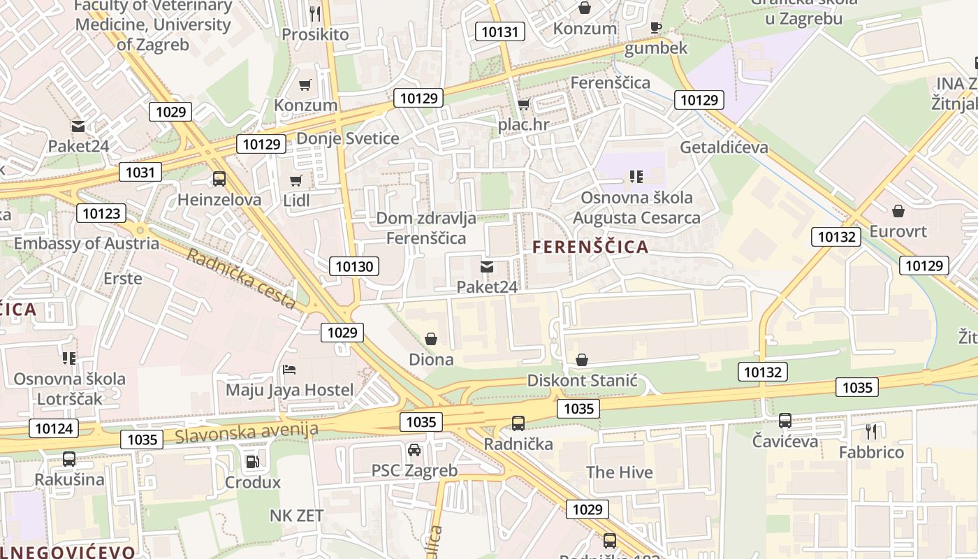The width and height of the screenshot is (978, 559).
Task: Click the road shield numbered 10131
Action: [x=500, y=31]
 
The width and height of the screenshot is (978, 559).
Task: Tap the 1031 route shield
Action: [x=140, y=172]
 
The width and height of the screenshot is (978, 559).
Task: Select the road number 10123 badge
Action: [x=101, y=214]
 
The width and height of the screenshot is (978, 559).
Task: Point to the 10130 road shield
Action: [x=355, y=266]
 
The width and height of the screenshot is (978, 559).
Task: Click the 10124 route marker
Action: [x=54, y=428]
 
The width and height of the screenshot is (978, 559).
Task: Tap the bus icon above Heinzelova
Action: [x=219, y=179]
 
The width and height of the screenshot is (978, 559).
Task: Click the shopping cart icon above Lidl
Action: [x=296, y=180]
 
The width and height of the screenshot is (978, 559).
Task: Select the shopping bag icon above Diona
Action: [x=431, y=339]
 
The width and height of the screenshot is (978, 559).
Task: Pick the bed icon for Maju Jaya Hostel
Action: [x=289, y=369]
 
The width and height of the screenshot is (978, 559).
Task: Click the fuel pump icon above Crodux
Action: [x=252, y=461]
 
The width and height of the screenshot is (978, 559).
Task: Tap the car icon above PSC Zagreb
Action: [x=414, y=449]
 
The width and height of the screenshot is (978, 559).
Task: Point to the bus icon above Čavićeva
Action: [x=785, y=421]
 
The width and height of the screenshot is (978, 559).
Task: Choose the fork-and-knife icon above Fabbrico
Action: [x=870, y=431]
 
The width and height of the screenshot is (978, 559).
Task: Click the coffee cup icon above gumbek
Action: [x=655, y=27]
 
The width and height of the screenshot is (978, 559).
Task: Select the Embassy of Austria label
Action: [x=87, y=244]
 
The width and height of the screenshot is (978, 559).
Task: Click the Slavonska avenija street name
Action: [x=247, y=433]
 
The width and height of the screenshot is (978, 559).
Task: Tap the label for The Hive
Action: [x=619, y=472]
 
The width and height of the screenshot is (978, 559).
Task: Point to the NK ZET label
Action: [x=297, y=516]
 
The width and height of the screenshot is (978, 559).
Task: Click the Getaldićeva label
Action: [x=724, y=147]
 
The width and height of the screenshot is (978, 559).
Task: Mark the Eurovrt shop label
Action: [x=898, y=231]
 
